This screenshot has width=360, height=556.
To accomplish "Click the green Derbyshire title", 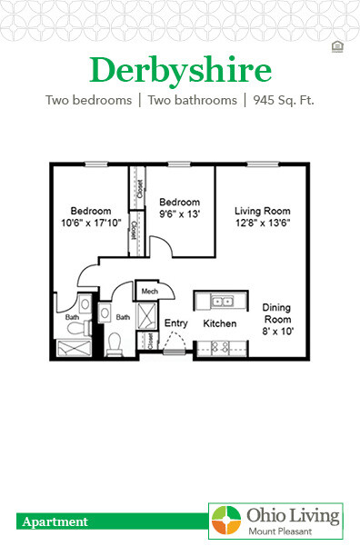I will click(x=180, y=69).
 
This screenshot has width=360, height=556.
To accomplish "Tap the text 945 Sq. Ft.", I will click(x=282, y=100).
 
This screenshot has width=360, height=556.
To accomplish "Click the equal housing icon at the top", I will click(x=337, y=46).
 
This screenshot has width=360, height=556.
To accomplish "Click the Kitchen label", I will click(x=219, y=323).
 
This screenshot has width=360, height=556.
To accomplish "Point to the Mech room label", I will click(x=148, y=292).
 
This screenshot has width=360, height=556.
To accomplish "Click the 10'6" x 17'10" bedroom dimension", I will click(x=91, y=223).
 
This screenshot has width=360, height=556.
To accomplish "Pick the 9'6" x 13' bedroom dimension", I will click(x=179, y=214).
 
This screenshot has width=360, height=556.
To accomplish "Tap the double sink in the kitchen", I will click(x=222, y=301).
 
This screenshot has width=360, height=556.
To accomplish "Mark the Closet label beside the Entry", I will click(x=150, y=342).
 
